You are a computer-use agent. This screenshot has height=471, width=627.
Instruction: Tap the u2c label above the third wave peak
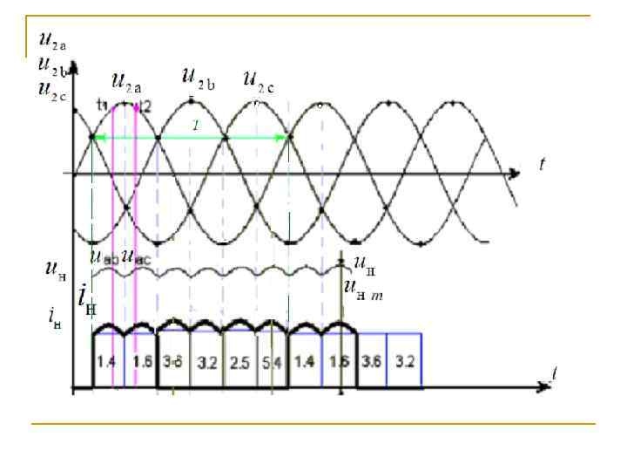click(260, 84)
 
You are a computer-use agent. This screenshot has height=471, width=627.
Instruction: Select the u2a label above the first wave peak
click(128, 83)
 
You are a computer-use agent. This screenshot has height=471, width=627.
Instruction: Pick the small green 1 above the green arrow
click(196, 127)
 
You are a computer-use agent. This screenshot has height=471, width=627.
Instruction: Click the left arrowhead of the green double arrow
click(98, 138)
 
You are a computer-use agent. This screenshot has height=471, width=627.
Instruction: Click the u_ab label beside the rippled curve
click(104, 257)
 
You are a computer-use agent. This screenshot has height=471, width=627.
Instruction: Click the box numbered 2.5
click(239, 359)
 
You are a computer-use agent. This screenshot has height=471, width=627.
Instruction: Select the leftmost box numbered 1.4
click(108, 359)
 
